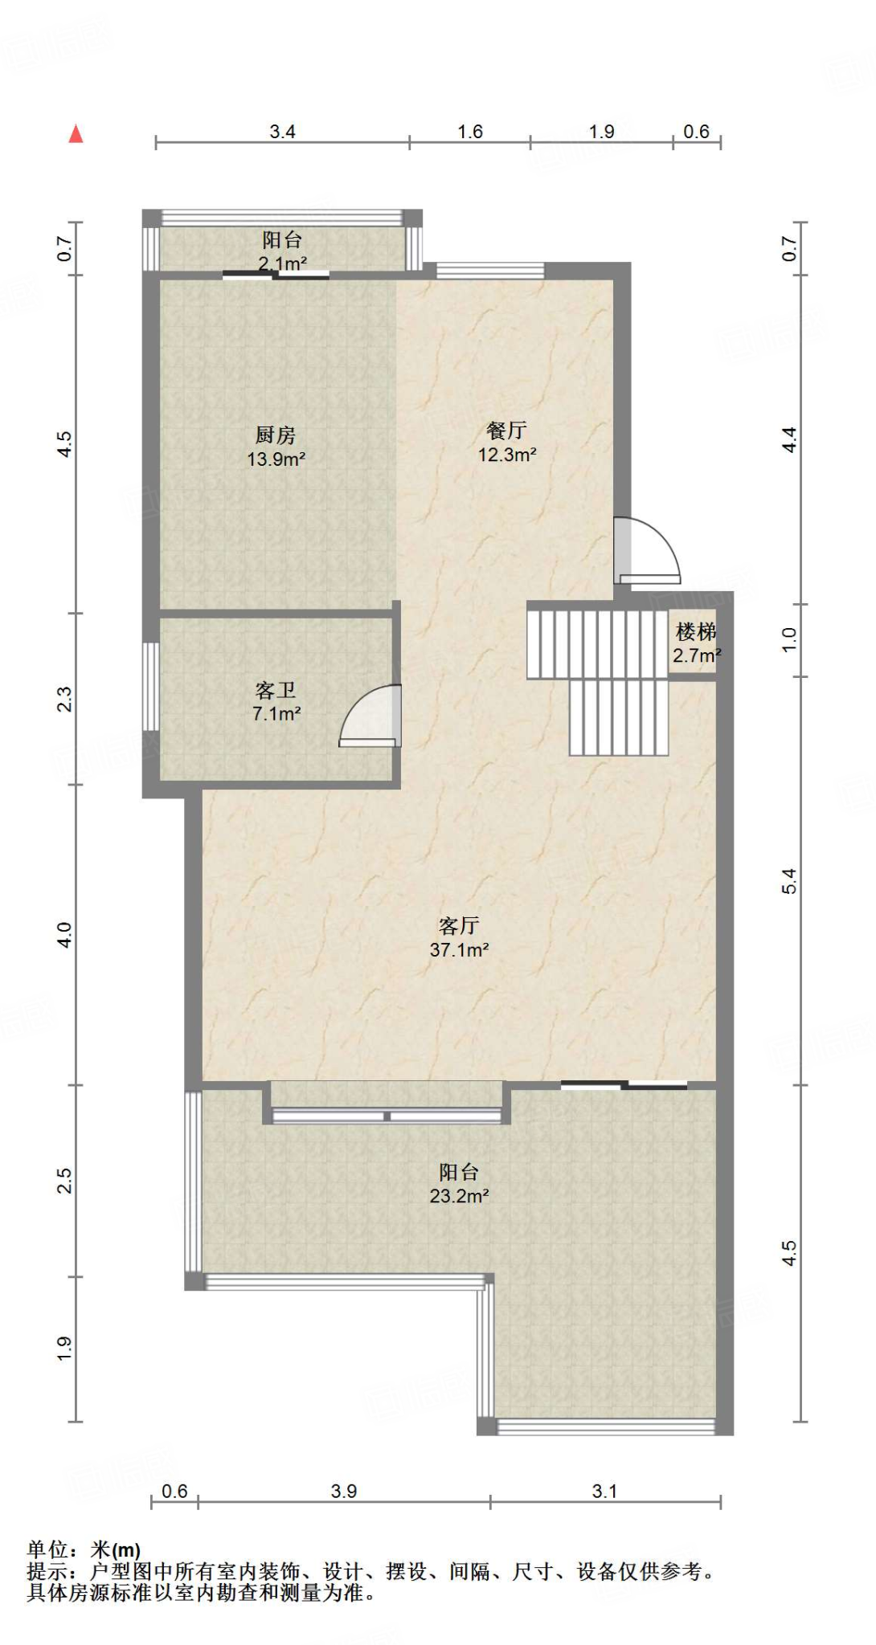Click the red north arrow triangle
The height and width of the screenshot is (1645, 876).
point(76,133)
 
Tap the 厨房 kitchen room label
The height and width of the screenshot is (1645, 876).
point(276,435)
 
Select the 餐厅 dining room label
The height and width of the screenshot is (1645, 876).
point(507,431)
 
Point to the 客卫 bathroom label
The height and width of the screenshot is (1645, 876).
point(276,690)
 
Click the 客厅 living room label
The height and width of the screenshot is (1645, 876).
point(459,925)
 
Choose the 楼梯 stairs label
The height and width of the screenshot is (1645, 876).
point(696,631)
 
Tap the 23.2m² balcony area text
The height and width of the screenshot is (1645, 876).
point(459,1196)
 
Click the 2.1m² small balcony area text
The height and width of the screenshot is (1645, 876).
point(282,263)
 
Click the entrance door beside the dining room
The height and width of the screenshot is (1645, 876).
point(647,551)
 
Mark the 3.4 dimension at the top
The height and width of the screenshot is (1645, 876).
point(282,132)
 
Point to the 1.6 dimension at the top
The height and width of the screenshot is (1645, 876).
point(470,132)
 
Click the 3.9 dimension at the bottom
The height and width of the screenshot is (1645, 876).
point(344,1491)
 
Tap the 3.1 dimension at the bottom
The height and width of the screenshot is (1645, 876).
point(604,1491)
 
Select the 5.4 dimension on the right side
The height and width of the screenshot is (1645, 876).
point(790,881)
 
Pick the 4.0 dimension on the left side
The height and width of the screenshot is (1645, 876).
point(64,935)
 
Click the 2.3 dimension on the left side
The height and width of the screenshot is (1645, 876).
point(64,699)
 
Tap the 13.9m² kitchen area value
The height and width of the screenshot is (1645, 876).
point(276,459)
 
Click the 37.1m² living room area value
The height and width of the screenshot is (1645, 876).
point(459,950)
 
